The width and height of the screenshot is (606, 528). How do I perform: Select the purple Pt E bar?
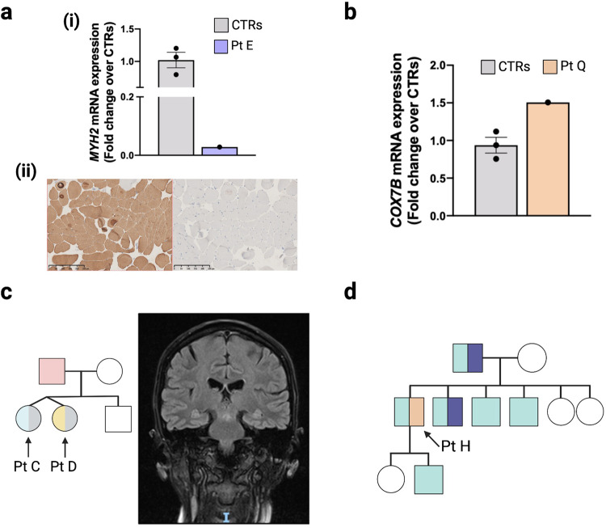pos(219,151)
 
